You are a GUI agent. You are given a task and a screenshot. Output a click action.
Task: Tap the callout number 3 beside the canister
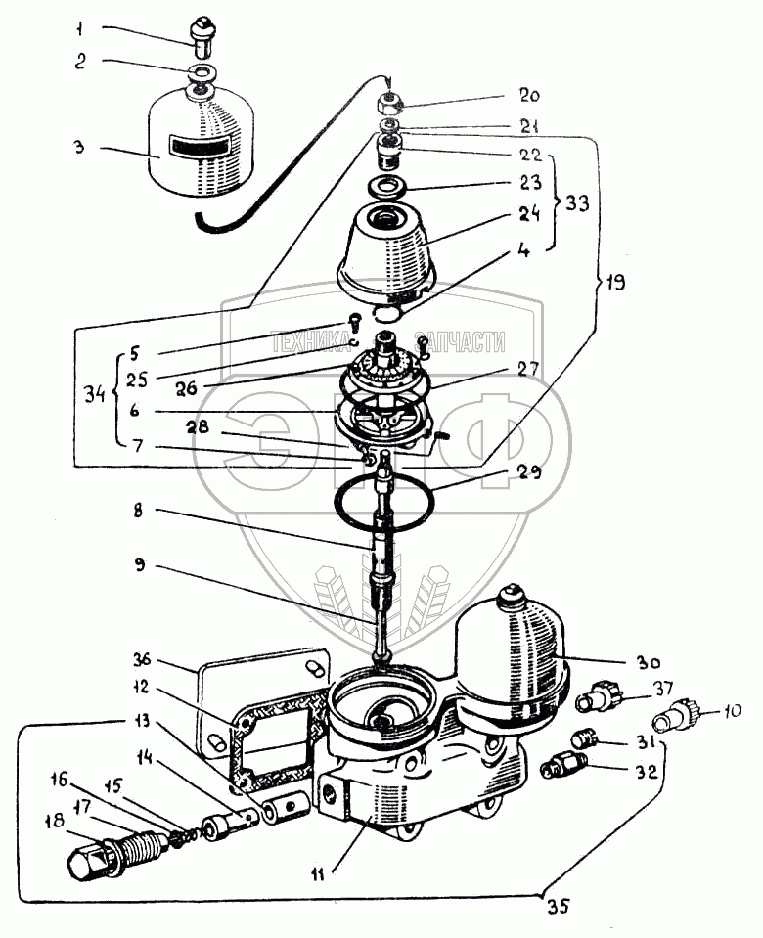79,147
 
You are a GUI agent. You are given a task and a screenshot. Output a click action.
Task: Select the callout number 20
528,96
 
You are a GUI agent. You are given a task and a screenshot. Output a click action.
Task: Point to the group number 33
577,203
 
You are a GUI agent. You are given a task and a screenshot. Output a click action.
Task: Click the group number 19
616,282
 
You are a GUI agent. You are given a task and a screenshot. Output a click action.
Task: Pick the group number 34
95,395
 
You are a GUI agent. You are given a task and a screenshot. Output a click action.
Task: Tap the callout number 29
529,472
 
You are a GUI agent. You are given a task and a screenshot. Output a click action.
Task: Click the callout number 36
144,660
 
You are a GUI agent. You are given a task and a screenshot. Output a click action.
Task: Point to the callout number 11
318,875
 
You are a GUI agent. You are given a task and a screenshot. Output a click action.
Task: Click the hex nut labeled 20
388,106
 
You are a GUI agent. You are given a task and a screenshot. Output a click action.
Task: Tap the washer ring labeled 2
203,73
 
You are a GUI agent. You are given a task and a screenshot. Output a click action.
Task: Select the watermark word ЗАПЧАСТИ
460,342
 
